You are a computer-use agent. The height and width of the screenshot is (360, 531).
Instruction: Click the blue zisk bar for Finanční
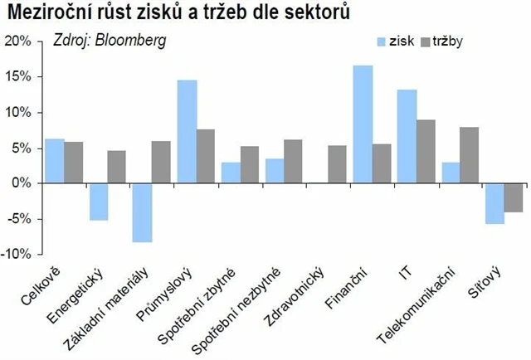[363, 124]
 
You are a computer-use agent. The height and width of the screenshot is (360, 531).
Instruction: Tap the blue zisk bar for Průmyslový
[187, 132]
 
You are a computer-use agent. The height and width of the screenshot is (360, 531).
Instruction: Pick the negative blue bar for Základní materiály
[143, 212]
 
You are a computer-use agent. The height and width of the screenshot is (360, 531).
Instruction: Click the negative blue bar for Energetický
[99, 202]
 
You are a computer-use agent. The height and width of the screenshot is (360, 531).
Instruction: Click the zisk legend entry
[394, 41]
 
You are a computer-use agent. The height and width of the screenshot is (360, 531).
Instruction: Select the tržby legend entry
[444, 41]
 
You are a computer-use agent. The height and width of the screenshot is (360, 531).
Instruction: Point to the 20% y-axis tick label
[17, 41]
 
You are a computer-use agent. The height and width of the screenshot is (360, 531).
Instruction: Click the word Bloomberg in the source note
[133, 40]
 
